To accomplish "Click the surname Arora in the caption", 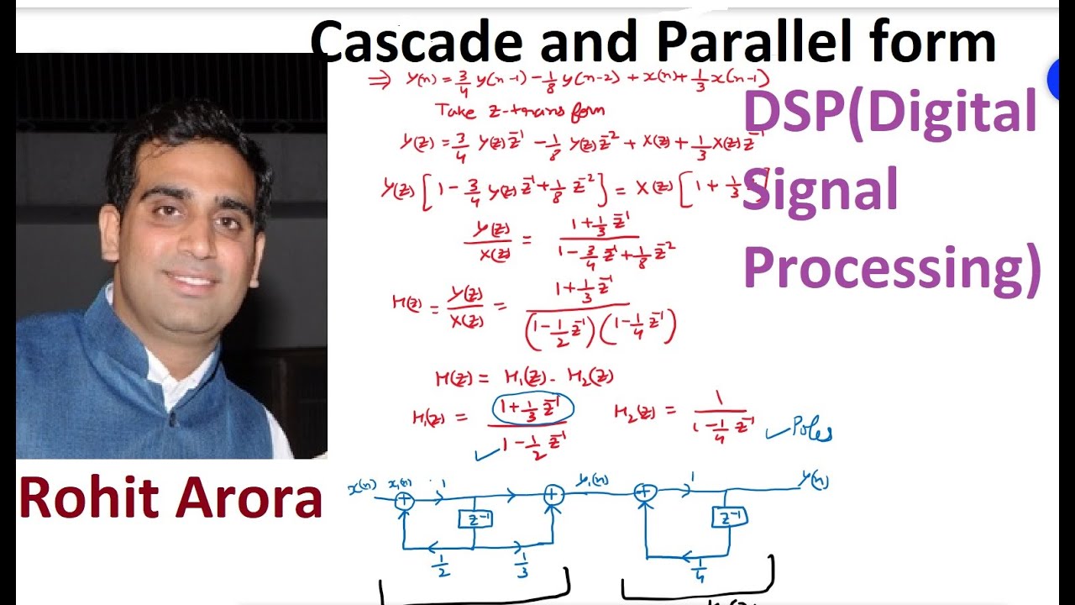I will click(252, 497).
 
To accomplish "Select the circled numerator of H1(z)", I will click(532, 408).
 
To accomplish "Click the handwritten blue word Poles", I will click(810, 432).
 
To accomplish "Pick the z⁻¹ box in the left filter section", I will click(475, 520).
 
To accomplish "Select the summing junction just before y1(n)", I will click(553, 496).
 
